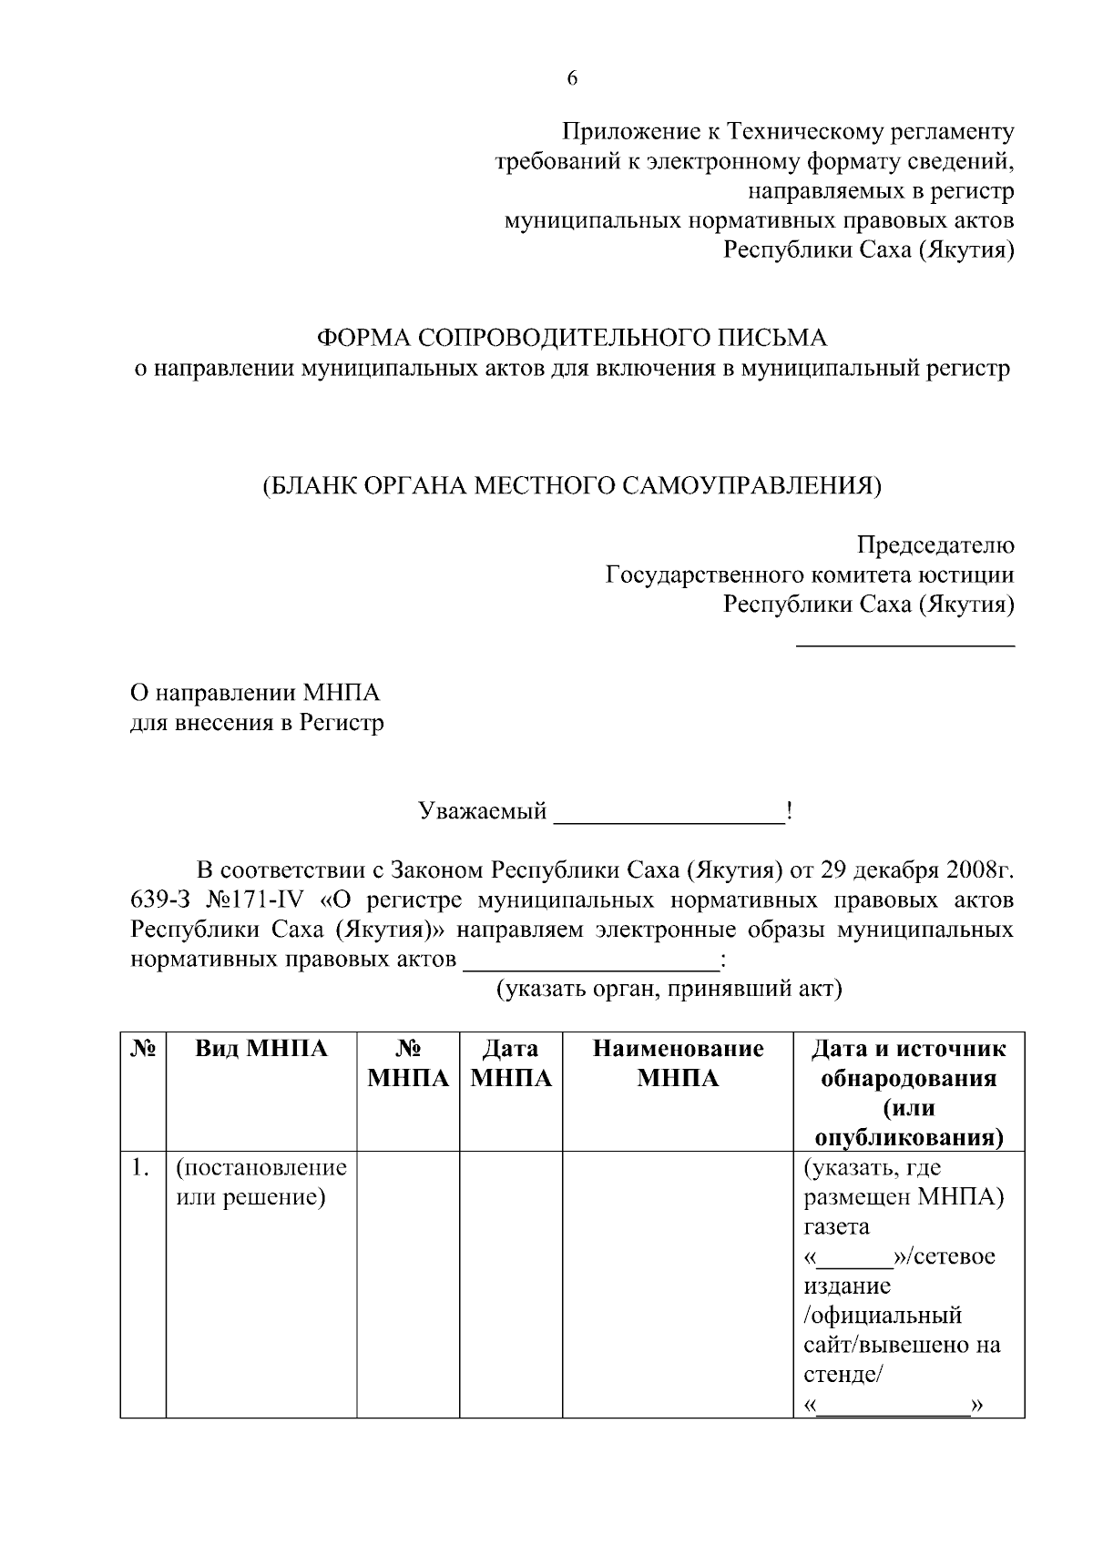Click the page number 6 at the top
[x=572, y=78]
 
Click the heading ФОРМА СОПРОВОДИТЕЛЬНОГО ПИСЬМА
[x=572, y=338]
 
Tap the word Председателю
[x=935, y=545]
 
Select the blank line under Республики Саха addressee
[x=905, y=645]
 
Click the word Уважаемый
[x=482, y=810]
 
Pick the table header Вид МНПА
[x=260, y=1049]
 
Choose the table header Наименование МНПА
[x=678, y=1063]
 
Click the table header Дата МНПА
[x=510, y=1063]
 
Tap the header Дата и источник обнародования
[x=908, y=1063]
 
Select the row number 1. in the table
[x=139, y=1167]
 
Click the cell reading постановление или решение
[x=260, y=1182]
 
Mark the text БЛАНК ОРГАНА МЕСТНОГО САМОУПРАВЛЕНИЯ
[x=572, y=485]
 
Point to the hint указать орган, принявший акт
[x=668, y=989]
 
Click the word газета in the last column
[x=835, y=1226]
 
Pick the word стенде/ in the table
[x=841, y=1375]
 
